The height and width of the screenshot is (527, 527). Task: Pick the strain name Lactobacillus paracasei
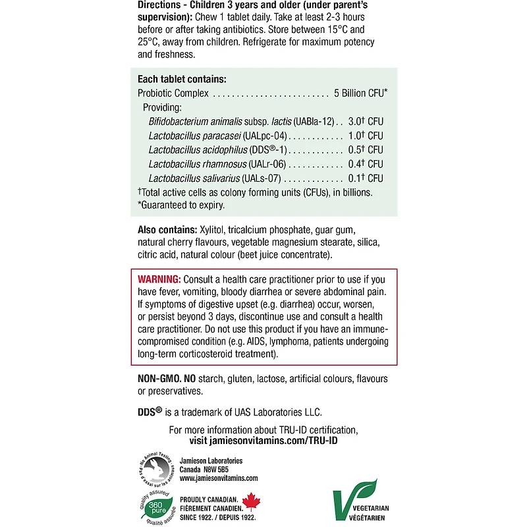click(194, 136)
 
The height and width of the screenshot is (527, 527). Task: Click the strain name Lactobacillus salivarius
click(194, 179)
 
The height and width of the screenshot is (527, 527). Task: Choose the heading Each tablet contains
click(182, 79)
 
